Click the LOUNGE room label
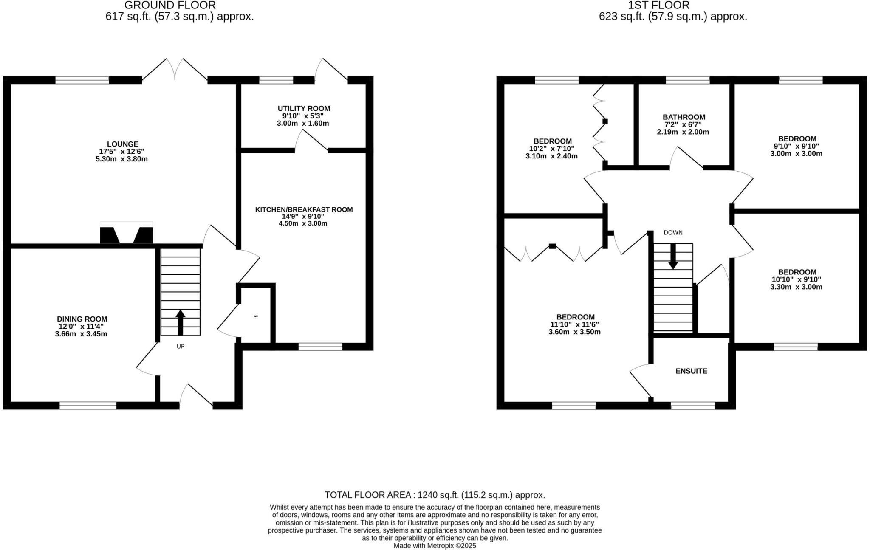(x=122, y=144)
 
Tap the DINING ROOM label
(x=82, y=319)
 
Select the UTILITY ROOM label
(x=304, y=109)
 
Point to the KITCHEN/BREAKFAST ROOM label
(x=304, y=209)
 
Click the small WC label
(x=256, y=316)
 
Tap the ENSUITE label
(x=691, y=371)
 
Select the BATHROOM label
(x=684, y=117)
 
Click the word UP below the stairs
(x=181, y=347)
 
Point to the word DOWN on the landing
(x=673, y=233)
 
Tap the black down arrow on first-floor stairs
(x=673, y=257)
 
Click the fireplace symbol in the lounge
(x=126, y=234)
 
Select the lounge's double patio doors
(x=175, y=70)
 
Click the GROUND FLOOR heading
(x=170, y=6)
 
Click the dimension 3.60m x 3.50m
(x=574, y=332)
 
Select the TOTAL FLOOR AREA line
(x=435, y=495)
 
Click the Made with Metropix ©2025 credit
(x=435, y=546)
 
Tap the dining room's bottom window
(x=88, y=406)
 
